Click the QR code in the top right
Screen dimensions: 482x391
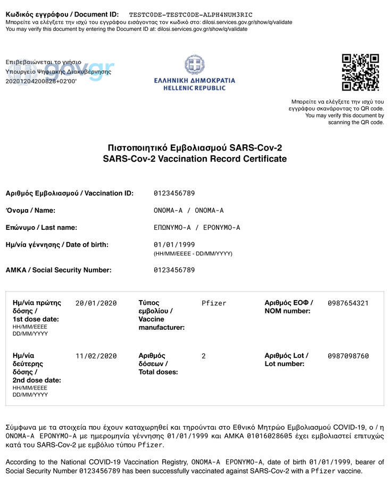tap(360, 72)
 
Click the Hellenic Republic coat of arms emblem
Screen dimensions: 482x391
tap(194, 65)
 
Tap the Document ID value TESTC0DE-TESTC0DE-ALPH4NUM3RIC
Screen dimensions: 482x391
tap(191, 14)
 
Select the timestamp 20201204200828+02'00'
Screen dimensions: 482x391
tap(41, 81)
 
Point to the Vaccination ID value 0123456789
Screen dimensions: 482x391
tap(174, 193)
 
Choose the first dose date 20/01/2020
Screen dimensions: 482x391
tap(96, 303)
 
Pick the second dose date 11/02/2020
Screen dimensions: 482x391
tap(96, 356)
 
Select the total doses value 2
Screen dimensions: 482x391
tap(204, 356)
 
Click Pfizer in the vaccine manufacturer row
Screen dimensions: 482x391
tap(214, 303)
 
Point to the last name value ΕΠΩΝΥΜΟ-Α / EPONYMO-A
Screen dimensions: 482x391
tap(197, 228)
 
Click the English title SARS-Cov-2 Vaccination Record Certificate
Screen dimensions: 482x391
tap(195, 159)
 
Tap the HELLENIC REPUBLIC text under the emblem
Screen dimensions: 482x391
tap(194, 88)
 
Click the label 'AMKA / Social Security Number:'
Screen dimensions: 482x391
tap(59, 270)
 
